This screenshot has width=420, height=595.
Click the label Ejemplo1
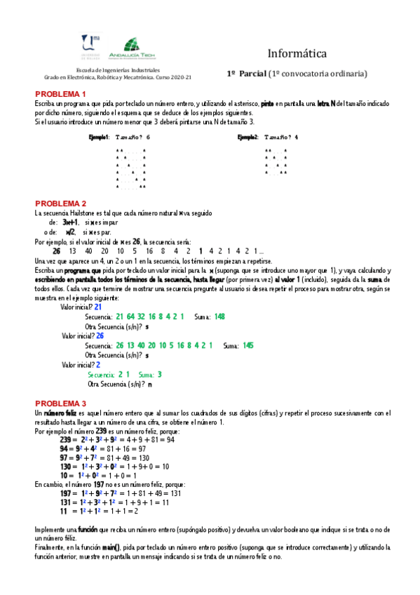tap(99, 138)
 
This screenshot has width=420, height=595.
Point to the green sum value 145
tap(248, 346)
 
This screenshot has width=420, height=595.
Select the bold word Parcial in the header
tap(255, 73)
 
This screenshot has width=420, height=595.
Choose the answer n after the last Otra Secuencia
tap(149, 385)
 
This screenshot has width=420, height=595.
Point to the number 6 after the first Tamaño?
tap(148, 138)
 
